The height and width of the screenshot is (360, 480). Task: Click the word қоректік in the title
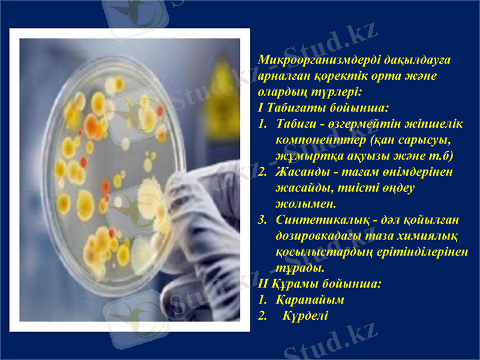(326, 77)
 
